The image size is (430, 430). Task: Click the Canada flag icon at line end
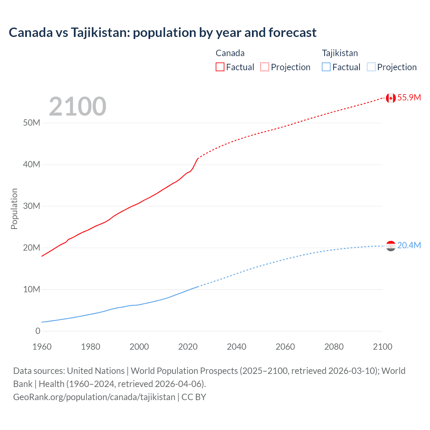(390, 98)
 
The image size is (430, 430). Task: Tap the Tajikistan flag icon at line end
(390, 246)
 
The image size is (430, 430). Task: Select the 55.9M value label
(409, 98)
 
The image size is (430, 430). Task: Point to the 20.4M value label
(409, 246)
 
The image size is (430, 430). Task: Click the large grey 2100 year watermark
(78, 106)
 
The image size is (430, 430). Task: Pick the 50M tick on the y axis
(32, 123)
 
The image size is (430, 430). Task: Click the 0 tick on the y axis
(38, 331)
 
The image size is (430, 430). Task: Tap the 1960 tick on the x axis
(42, 347)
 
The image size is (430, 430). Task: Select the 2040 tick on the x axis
(236, 347)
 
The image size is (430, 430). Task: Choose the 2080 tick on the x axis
(334, 347)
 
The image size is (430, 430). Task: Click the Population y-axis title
(14, 209)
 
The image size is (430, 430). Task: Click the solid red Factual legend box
(220, 67)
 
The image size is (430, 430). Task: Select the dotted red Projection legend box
(265, 67)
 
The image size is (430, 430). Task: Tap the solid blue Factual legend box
(326, 67)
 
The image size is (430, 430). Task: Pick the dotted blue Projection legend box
(371, 67)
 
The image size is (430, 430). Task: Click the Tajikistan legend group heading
(340, 53)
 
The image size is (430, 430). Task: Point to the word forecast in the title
(292, 33)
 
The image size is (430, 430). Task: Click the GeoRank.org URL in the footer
(94, 397)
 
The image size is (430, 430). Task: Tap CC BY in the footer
(194, 397)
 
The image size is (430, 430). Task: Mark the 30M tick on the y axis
(32, 206)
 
